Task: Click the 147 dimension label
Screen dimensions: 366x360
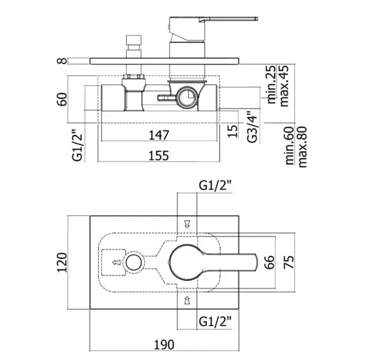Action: click(159, 135)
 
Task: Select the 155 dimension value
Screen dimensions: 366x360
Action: click(159, 155)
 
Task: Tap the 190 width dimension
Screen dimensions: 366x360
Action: click(164, 345)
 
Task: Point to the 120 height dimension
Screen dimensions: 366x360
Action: click(62, 262)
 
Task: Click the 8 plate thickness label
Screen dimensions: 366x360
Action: click(62, 61)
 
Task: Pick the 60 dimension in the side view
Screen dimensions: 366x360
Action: click(62, 99)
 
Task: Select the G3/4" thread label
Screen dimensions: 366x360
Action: click(252, 127)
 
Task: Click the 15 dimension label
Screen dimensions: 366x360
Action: click(232, 131)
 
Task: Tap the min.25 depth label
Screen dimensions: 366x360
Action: click(271, 85)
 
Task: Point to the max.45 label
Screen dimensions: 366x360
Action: click(284, 86)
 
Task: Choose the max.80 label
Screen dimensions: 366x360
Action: click(302, 147)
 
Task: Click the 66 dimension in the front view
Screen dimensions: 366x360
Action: click(270, 262)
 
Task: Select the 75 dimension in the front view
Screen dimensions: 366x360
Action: click(289, 262)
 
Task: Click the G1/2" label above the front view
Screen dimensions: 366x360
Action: click(215, 186)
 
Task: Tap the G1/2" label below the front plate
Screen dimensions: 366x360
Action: click(215, 322)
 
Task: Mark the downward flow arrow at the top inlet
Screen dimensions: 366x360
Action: click(187, 224)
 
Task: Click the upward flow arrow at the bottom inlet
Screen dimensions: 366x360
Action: click(187, 300)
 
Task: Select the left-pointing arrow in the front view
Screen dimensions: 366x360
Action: click(116, 262)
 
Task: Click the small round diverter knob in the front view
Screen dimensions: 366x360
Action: click(134, 262)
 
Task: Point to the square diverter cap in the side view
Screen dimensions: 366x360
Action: click(134, 40)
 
